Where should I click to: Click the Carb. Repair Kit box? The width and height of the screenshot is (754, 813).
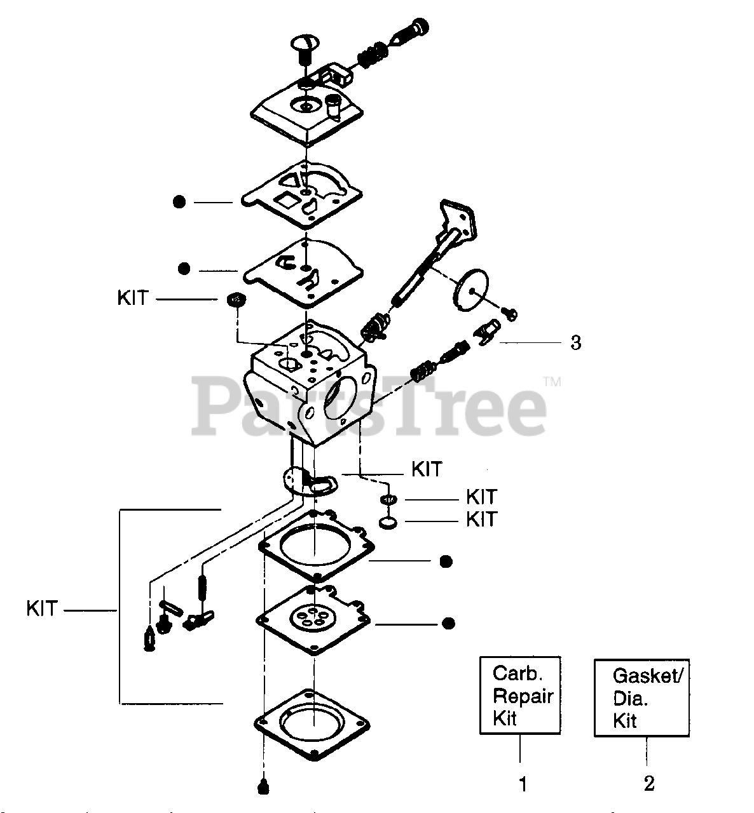point(519,695)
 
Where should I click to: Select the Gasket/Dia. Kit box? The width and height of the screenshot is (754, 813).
point(641,697)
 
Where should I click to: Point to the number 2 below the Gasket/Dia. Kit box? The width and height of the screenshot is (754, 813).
point(648,784)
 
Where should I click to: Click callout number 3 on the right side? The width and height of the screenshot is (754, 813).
point(575,343)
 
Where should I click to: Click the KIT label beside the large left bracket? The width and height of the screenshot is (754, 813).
point(42,608)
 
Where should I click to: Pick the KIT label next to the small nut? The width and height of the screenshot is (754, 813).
point(132,298)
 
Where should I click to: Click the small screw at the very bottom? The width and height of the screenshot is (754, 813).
point(263,786)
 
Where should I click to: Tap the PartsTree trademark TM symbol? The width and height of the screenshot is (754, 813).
point(552,382)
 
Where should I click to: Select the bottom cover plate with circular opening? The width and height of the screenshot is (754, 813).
point(312,723)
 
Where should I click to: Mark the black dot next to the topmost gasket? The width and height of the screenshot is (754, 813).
point(179,202)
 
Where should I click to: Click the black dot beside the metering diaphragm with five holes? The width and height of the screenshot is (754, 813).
point(448,622)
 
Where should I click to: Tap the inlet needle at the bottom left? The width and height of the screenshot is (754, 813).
point(149,638)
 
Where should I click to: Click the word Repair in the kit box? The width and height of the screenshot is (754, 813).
point(523,695)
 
